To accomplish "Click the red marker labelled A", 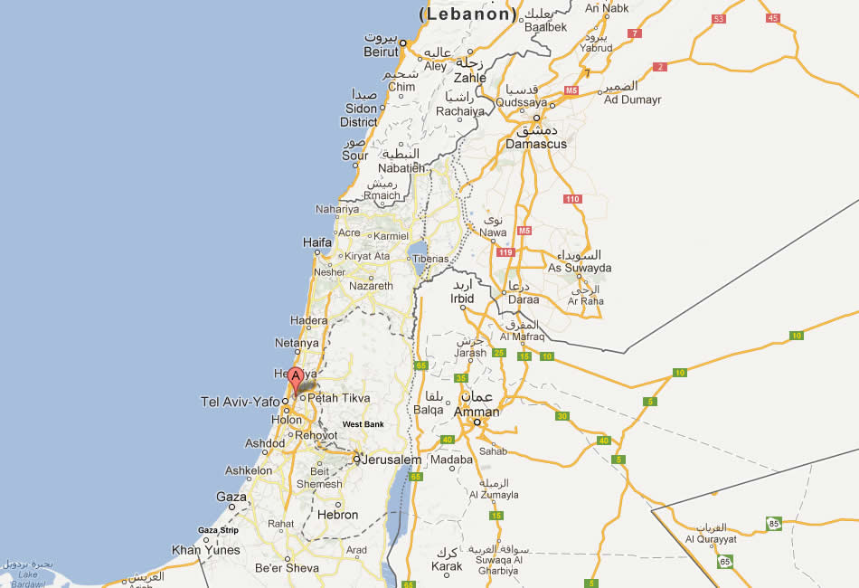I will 295,380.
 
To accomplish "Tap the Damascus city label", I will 536,144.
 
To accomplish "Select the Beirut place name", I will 382,52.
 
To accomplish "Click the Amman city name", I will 476,413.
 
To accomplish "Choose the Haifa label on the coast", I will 316,242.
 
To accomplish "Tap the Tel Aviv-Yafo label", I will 241,402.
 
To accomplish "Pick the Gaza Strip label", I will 218,530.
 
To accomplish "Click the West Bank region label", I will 363,424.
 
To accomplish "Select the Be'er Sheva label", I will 288,568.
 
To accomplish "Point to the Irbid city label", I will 462,299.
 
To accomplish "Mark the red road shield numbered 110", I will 571,199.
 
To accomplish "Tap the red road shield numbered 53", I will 719,19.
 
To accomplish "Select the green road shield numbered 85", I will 773,523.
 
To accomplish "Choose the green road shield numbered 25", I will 499,353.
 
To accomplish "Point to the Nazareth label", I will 371,286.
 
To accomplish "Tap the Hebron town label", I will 337,515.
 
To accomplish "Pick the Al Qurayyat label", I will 711,540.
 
